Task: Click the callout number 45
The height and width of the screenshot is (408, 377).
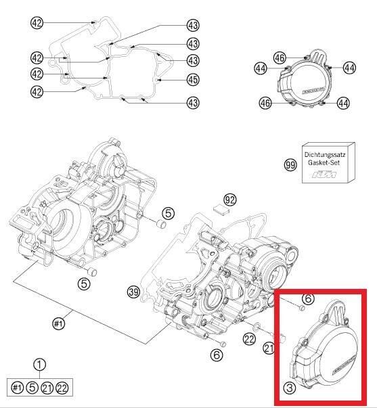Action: pyautogui.click(x=193, y=80)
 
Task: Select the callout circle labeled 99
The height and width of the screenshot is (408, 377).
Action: pyautogui.click(x=290, y=164)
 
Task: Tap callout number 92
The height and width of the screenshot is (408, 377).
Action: pyautogui.click(x=230, y=200)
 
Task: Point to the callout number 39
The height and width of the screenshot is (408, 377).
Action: pyautogui.click(x=133, y=292)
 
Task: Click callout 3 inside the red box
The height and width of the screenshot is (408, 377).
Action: pyautogui.click(x=289, y=388)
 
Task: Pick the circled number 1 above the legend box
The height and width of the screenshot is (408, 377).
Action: pyautogui.click(x=40, y=365)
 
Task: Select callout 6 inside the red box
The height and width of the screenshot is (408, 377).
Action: pyautogui.click(x=308, y=298)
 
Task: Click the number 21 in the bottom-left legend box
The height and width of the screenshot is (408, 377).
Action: pyautogui.click(x=47, y=388)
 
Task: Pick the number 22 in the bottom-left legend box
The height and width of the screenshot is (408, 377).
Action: pyautogui.click(x=62, y=388)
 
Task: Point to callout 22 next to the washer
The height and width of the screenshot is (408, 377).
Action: pyautogui.click(x=249, y=340)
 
